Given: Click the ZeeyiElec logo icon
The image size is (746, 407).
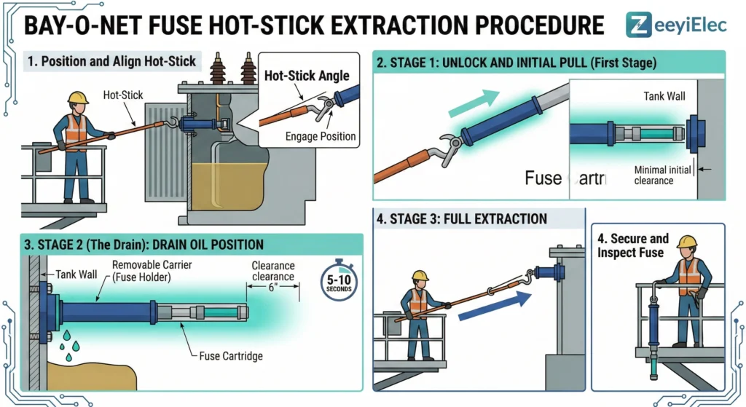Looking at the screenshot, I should pyautogui.click(x=639, y=23).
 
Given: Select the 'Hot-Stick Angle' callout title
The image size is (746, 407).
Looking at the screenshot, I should pyautogui.click(x=307, y=76).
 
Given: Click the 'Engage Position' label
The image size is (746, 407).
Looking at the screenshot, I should pyautogui.click(x=321, y=135).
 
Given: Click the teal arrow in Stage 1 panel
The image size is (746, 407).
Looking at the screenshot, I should pyautogui.click(x=474, y=103).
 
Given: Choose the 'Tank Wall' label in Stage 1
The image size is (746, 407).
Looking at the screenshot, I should pyautogui.click(x=664, y=95).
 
